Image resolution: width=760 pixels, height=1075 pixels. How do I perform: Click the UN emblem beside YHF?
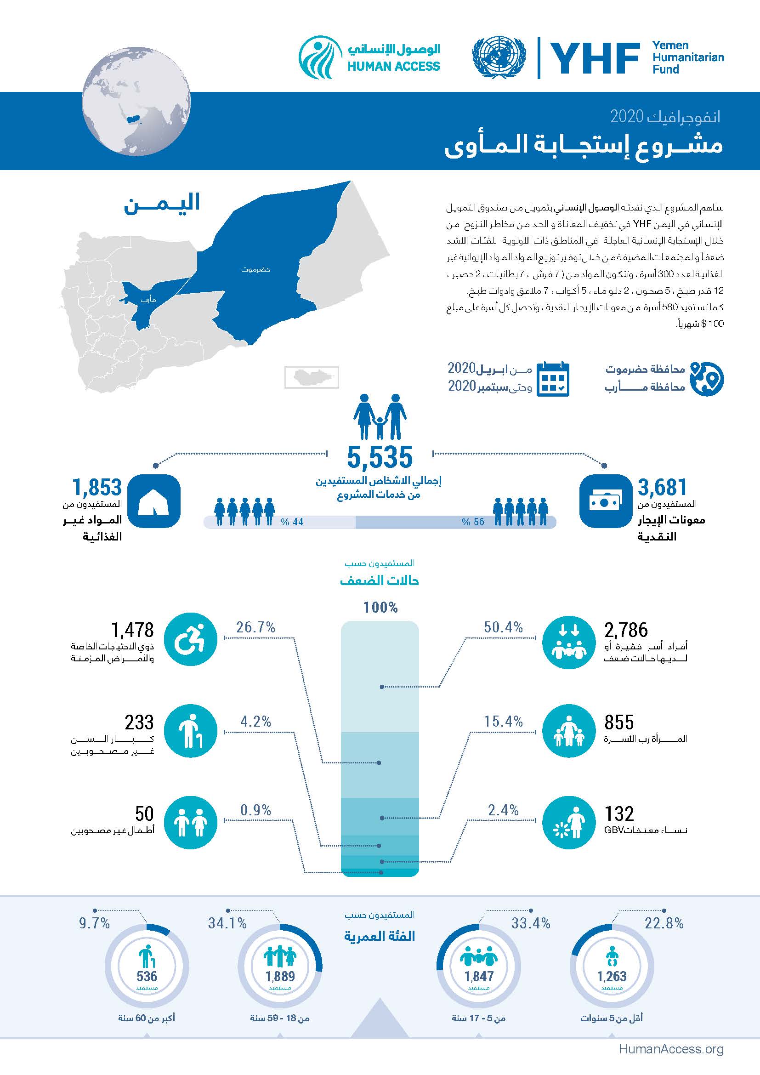tap(499, 57)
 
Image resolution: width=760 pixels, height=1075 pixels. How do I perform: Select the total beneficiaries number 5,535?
tap(380, 457)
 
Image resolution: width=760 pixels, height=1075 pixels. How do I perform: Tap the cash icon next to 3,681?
tap(605, 501)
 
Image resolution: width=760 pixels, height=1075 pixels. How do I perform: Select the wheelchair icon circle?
tap(191, 640)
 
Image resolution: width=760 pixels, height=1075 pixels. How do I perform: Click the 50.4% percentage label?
tap(503, 627)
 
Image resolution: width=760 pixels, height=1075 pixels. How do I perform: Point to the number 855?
tap(618, 722)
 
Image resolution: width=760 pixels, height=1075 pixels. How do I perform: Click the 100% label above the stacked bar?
tap(380, 608)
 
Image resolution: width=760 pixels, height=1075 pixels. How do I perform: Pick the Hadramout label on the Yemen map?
tap(255, 270)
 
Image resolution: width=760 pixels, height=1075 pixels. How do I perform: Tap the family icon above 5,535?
tap(380, 416)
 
